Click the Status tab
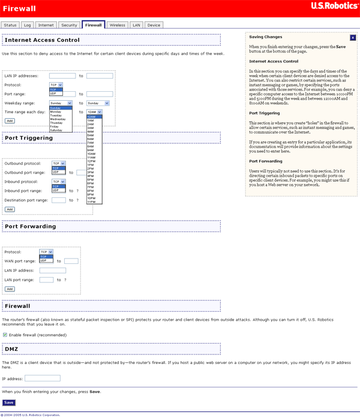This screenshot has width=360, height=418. [10, 25]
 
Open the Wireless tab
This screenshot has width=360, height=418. [118, 25]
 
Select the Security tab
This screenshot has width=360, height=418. [69, 25]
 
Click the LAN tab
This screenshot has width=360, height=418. [136, 25]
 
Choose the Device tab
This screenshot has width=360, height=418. [154, 25]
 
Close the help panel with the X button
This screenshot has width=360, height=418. [353, 37]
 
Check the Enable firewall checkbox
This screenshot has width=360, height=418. [5, 334]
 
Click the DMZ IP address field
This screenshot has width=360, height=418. [43, 378]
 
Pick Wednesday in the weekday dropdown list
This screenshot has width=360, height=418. [58, 119]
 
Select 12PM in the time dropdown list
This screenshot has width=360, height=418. [91, 161]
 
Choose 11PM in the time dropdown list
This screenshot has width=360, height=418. [91, 202]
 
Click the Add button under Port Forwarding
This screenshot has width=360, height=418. [10, 288]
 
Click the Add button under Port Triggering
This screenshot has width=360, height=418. [10, 209]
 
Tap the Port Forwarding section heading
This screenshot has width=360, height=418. [30, 226]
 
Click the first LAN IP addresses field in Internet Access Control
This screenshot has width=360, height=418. [62, 76]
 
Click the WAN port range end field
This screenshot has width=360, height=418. [71, 261]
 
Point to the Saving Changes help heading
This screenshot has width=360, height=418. [265, 37]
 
